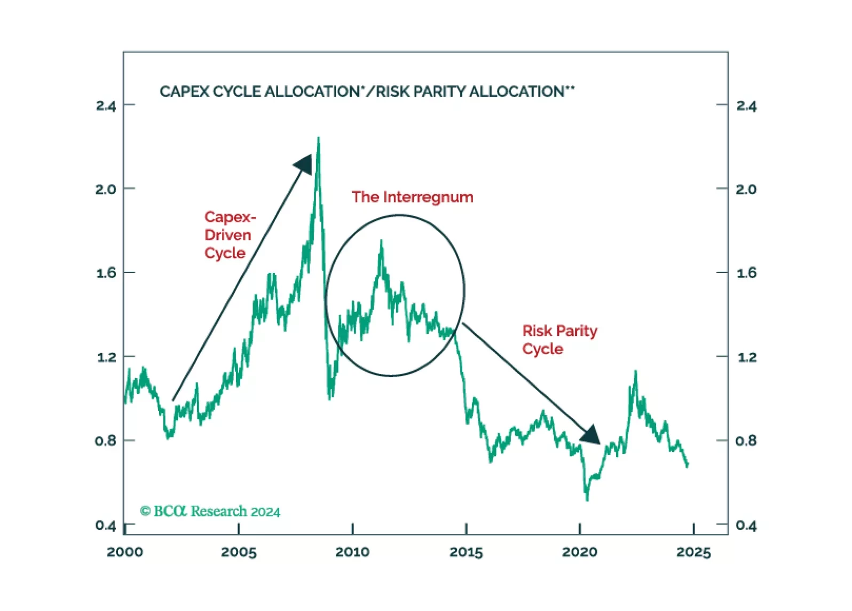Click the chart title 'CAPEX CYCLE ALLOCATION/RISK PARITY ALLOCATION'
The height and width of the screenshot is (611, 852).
367,91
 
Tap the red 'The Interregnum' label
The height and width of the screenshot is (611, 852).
412,197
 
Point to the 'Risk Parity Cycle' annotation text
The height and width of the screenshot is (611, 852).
559,340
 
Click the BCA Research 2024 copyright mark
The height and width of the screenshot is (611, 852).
210,511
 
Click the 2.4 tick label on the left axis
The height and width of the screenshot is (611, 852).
106,106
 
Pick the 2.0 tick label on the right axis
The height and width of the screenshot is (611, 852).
746,189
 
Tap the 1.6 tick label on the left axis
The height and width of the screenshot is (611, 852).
106,273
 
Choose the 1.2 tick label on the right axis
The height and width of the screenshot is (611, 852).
746,357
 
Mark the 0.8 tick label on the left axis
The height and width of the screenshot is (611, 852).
106,441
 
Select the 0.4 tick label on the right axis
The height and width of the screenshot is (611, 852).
746,526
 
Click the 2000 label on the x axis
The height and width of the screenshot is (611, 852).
125,552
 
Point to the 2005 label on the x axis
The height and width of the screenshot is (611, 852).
239,552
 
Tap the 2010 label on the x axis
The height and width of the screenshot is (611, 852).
352,552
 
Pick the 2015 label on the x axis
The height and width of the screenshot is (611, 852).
466,552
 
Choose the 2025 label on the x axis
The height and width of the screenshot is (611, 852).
693,552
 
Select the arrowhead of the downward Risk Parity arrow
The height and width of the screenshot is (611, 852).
591,435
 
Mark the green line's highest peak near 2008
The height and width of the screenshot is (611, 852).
319,138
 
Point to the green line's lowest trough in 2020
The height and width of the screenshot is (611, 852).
587,499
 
